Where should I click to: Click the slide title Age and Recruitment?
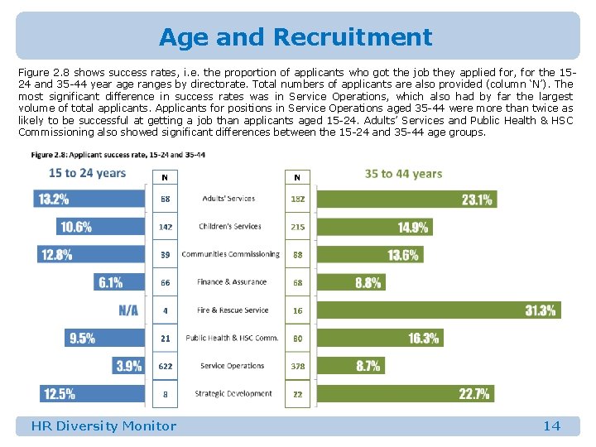click(296, 37)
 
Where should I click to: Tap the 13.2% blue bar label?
click(52, 199)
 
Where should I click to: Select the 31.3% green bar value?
click(541, 310)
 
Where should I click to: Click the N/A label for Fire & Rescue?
click(128, 310)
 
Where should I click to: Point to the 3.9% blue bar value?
click(128, 366)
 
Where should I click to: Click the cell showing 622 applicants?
click(166, 366)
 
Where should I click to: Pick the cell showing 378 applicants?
click(297, 366)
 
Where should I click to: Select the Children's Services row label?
click(230, 226)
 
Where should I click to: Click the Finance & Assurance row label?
click(232, 282)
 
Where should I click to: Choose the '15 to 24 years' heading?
click(87, 173)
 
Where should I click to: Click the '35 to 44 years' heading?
click(403, 174)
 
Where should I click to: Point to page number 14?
click(551, 426)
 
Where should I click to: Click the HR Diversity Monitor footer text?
click(103, 426)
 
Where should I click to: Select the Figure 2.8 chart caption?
click(118, 155)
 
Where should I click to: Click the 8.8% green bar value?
click(368, 282)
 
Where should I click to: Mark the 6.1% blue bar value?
click(110, 282)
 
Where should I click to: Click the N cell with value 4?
click(166, 310)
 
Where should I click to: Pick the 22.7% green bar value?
click(474, 394)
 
